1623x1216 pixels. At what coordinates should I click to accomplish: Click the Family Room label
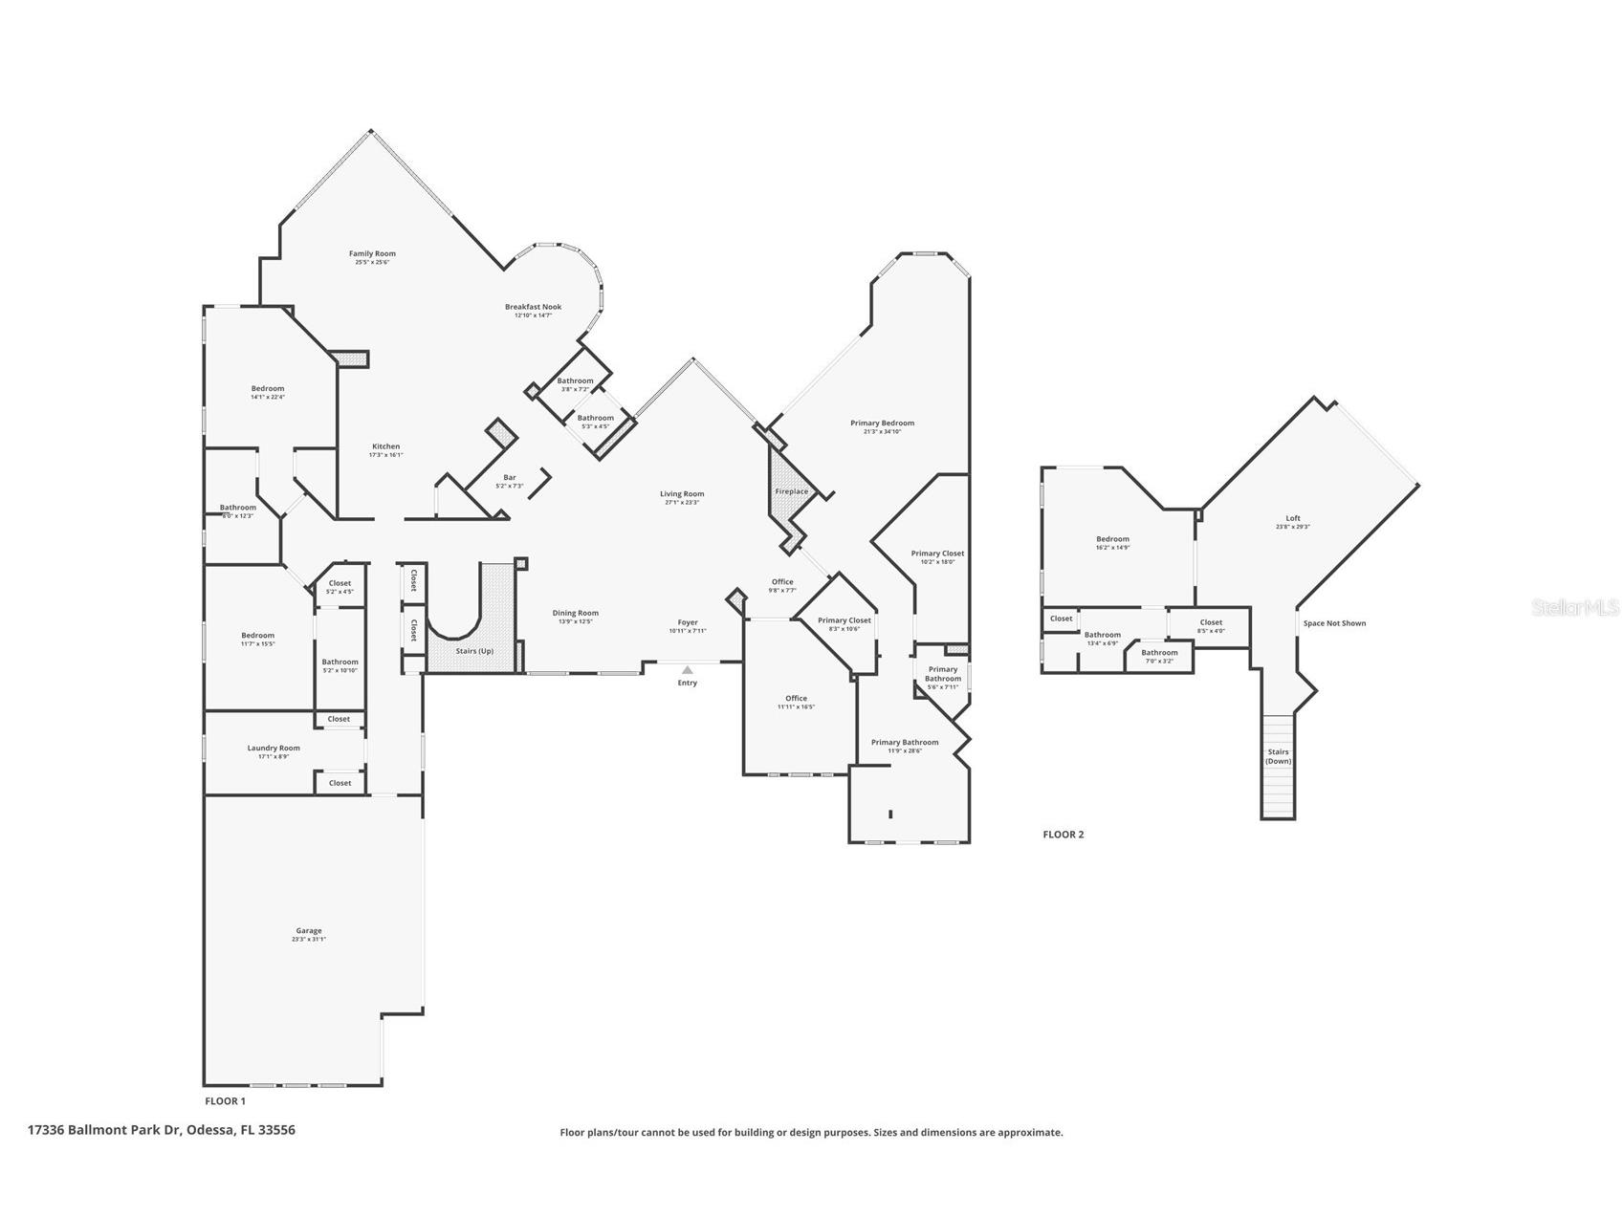372,254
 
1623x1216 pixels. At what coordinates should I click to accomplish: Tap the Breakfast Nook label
533,307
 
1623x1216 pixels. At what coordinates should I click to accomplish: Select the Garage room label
308,930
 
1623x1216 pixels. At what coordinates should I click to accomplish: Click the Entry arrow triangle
687,670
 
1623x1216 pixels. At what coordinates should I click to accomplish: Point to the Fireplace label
791,491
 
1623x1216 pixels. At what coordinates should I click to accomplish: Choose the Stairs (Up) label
474,651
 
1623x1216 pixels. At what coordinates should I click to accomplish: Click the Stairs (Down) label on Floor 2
1278,756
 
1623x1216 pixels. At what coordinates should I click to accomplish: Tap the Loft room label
1293,518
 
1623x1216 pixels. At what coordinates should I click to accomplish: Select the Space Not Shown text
1334,623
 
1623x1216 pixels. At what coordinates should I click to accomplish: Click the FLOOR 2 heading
1063,835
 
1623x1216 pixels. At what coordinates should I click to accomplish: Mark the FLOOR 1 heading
225,1101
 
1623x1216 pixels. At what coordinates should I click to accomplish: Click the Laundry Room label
274,748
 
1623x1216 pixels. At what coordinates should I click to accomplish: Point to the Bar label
510,477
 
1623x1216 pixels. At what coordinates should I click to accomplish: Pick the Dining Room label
575,613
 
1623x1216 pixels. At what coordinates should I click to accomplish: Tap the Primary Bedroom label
882,423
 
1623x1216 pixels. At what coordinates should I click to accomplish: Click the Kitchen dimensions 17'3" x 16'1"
385,455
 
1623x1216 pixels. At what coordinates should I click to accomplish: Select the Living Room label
682,494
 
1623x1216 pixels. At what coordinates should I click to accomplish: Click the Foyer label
688,622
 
